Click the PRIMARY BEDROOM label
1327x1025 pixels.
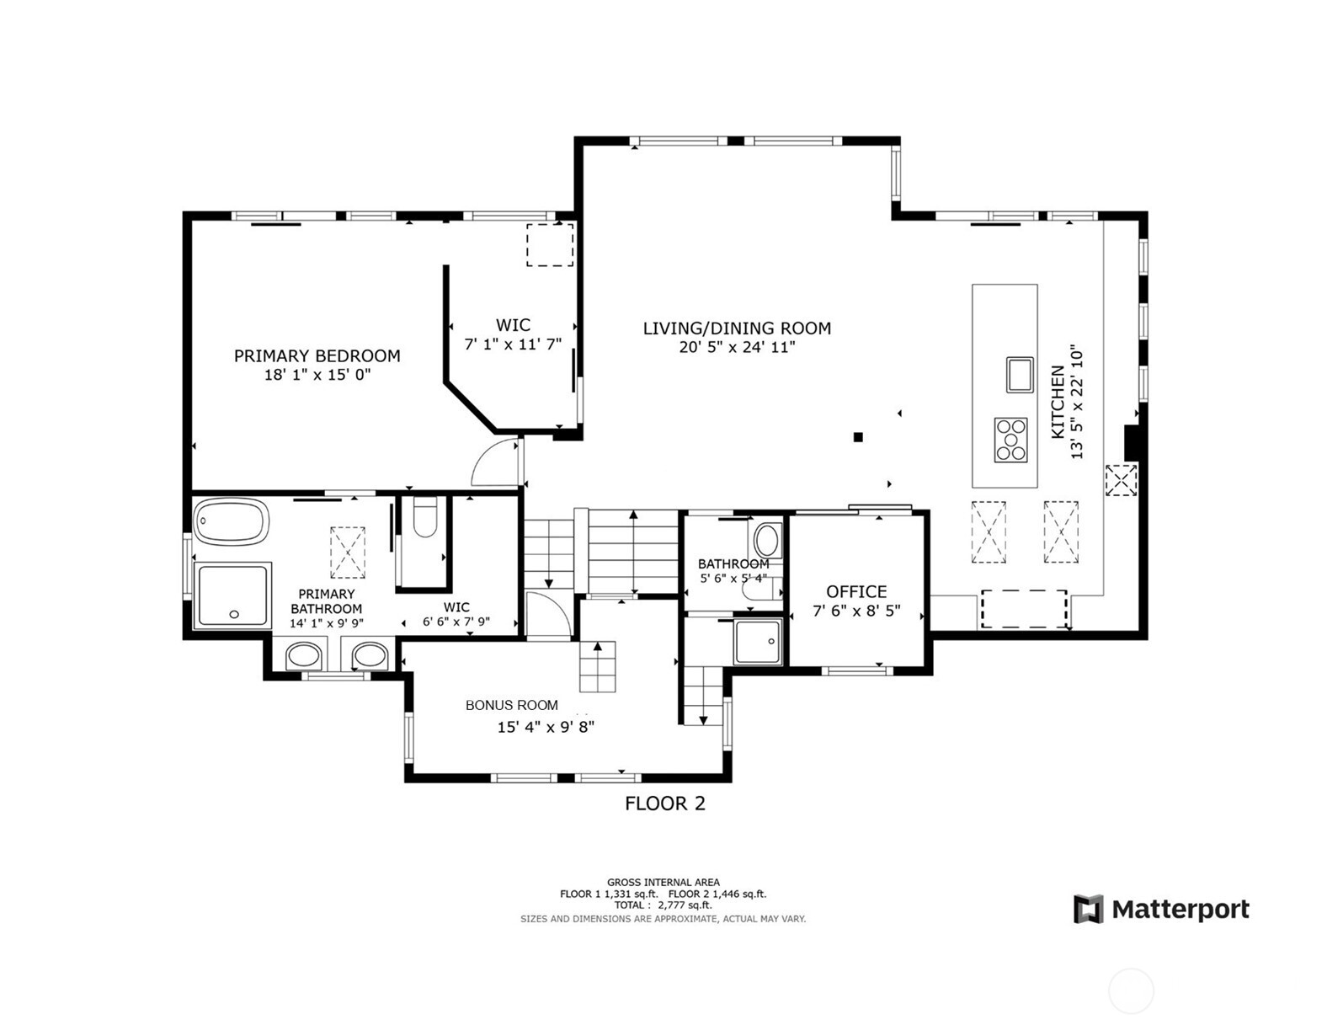(317, 356)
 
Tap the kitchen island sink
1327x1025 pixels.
(1020, 375)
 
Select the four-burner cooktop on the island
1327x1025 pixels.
(1010, 440)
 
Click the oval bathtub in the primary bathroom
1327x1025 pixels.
(232, 522)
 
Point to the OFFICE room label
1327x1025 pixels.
(856, 592)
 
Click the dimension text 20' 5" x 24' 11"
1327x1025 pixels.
(737, 347)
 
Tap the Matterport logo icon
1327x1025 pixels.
(1088, 910)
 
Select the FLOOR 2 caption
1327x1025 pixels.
(664, 803)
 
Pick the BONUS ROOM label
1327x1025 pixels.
(512, 705)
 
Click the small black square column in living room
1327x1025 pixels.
(858, 436)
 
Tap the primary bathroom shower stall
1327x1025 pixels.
(232, 595)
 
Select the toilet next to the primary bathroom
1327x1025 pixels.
(425, 518)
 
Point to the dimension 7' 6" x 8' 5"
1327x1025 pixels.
(856, 611)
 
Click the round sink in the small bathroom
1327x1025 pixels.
(766, 539)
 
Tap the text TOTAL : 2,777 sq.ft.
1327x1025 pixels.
(663, 905)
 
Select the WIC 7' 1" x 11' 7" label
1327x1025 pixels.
(513, 334)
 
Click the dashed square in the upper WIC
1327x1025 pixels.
(550, 245)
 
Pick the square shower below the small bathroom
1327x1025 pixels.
(757, 643)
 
